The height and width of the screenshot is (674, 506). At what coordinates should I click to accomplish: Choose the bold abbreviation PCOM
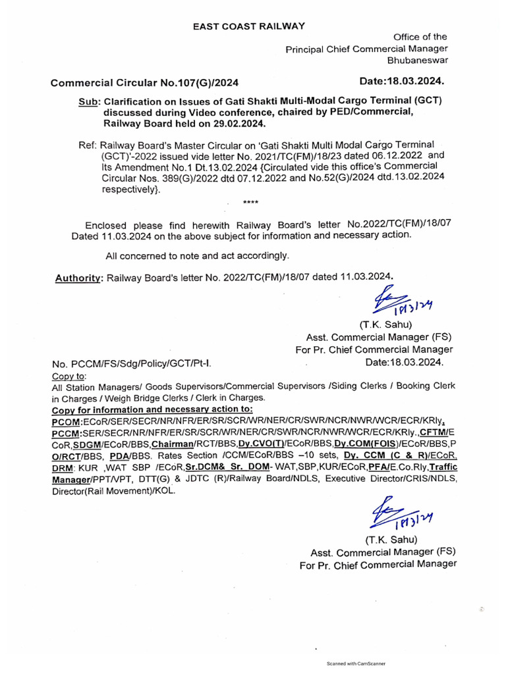pyautogui.click(x=67, y=421)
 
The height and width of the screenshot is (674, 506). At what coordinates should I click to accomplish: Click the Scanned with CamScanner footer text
pyautogui.click(x=356, y=663)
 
